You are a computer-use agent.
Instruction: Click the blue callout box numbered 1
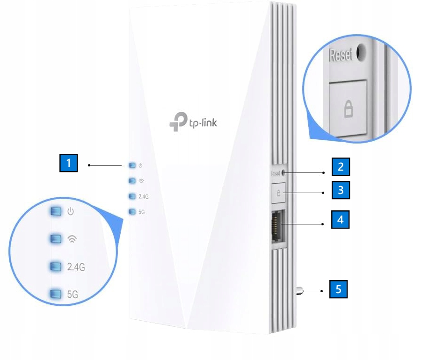click(69, 164)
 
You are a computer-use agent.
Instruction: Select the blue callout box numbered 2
click(341, 166)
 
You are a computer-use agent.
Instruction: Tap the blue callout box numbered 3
click(341, 191)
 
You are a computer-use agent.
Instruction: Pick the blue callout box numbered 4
click(341, 219)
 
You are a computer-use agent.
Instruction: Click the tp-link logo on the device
click(193, 122)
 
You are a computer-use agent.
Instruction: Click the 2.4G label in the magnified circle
click(76, 267)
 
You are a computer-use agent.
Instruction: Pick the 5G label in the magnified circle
click(72, 294)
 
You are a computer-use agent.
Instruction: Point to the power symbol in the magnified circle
click(71, 212)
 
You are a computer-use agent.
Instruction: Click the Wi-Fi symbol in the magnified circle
click(71, 239)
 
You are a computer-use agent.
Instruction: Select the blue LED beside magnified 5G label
click(56, 294)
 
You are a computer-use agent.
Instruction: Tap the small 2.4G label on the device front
click(144, 196)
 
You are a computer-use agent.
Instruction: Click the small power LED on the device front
click(132, 165)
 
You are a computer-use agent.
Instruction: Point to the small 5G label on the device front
click(142, 211)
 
